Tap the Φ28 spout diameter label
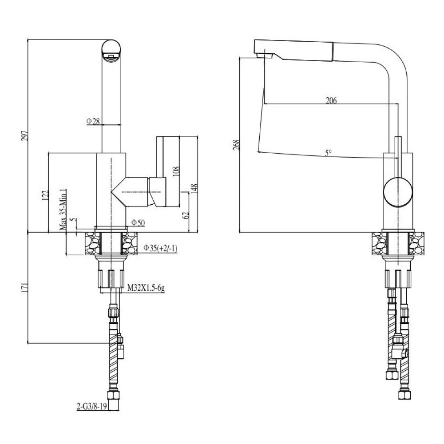pyautogui.click(x=93, y=122)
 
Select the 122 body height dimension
pyautogui.click(x=45, y=195)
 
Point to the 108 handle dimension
pyautogui.click(x=176, y=172)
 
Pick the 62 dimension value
pyautogui.click(x=186, y=215)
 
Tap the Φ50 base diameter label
pyautogui.click(x=138, y=223)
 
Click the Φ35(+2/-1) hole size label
pyautogui.click(x=160, y=248)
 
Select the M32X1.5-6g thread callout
pyautogui.click(x=146, y=288)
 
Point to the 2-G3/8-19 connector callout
pyautogui.click(x=92, y=407)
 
